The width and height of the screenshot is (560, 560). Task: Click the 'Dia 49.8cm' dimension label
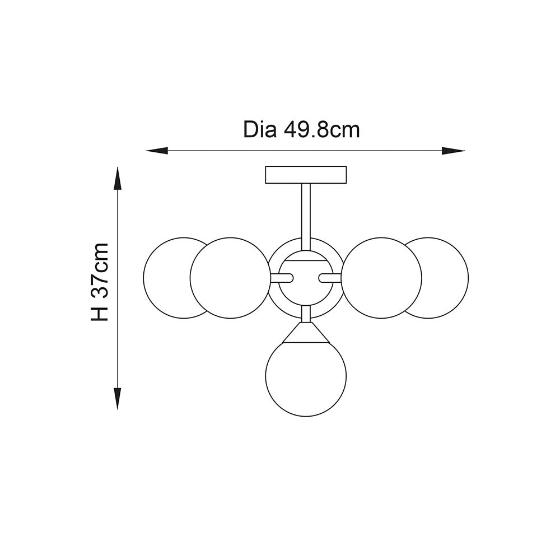pyautogui.click(x=301, y=130)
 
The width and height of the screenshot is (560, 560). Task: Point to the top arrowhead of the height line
pyautogui.click(x=118, y=178)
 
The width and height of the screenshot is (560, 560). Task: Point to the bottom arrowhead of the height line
pyautogui.click(x=118, y=399)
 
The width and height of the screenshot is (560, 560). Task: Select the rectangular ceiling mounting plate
pyautogui.click(x=306, y=175)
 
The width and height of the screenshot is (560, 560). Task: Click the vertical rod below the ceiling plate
pyautogui.click(x=306, y=216)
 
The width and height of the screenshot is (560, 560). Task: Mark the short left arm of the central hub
pyautogui.click(x=282, y=277)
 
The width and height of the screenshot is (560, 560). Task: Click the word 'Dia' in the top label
pyautogui.click(x=260, y=130)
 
